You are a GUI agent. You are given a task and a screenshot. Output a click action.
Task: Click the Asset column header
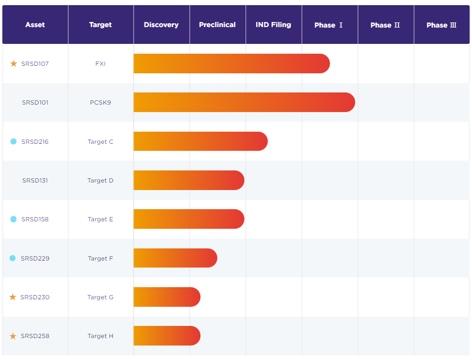(35, 25)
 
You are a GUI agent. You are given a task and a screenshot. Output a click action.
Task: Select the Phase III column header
(441, 25)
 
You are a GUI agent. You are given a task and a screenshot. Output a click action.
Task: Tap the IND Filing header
(273, 25)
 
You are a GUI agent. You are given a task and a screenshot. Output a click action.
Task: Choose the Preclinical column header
(217, 25)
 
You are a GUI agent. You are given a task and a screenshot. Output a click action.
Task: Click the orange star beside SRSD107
(14, 64)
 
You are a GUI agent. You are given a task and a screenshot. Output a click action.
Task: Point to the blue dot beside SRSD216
(14, 141)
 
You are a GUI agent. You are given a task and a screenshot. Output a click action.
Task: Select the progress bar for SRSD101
(244, 102)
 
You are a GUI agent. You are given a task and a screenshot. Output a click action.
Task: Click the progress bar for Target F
(175, 258)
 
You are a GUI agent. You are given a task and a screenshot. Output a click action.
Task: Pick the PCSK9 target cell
(100, 103)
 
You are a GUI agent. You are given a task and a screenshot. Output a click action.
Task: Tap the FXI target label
(100, 64)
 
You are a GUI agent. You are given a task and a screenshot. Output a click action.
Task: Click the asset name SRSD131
(35, 181)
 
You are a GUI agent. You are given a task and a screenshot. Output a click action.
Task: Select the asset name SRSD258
(35, 336)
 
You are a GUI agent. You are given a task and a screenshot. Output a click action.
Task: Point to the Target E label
(100, 219)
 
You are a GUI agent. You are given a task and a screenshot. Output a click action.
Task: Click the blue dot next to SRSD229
(13, 258)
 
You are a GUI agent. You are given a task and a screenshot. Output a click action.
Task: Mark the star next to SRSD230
(13, 297)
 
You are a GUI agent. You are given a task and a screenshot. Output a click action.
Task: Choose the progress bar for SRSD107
(231, 64)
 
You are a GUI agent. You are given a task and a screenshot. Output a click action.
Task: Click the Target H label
(100, 336)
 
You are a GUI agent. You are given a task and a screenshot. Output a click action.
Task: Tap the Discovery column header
(161, 25)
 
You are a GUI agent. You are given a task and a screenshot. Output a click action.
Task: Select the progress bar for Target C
(200, 141)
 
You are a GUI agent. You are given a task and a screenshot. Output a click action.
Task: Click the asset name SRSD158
(35, 219)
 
